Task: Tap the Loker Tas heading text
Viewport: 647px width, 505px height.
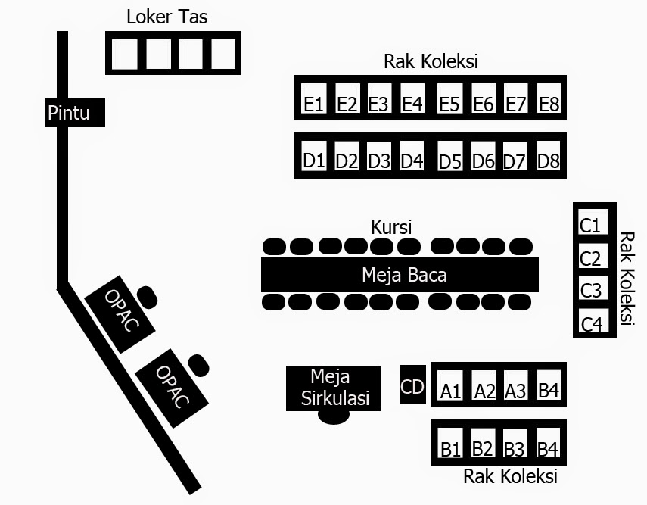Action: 166,16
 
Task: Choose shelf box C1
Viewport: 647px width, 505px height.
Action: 590,224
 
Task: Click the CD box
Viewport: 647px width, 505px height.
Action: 412,386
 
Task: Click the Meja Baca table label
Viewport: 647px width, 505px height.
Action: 403,274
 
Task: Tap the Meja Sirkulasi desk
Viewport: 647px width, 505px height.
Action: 334,387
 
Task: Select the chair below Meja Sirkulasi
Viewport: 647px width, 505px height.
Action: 334,416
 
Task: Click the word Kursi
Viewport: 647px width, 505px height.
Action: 391,226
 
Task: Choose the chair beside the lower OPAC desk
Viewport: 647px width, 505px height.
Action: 198,364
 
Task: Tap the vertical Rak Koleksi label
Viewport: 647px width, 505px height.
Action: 626,278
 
